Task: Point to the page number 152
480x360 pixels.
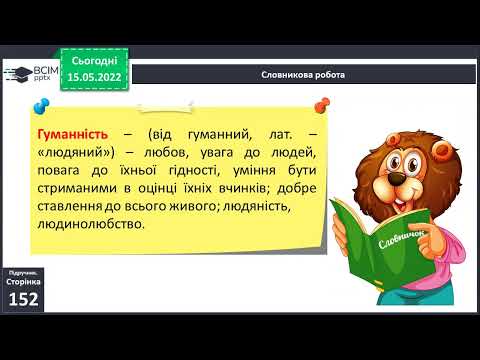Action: click(22, 300)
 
